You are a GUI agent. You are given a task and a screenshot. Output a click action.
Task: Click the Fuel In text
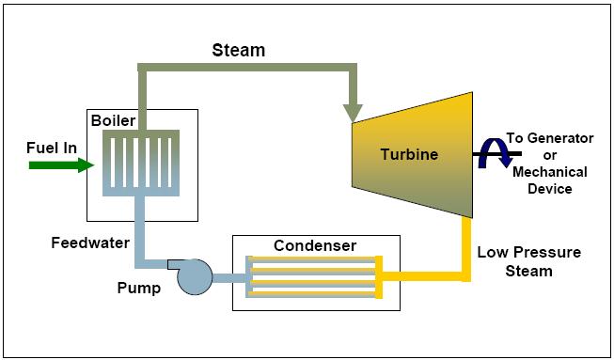(x=51, y=147)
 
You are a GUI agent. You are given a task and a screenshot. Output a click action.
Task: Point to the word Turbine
(x=409, y=154)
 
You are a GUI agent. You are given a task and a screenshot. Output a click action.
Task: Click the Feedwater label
(x=90, y=243)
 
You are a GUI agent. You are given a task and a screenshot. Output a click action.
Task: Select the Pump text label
(x=139, y=288)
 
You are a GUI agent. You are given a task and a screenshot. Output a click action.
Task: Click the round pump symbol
(x=196, y=275)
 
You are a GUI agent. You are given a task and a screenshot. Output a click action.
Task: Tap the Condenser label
(x=315, y=246)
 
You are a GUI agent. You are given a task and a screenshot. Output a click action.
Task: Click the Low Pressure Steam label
(x=528, y=261)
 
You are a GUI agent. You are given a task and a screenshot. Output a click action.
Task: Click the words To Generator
(x=549, y=138)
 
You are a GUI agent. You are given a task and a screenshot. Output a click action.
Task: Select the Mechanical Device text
(x=550, y=180)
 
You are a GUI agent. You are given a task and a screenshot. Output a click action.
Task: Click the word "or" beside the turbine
(x=550, y=155)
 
